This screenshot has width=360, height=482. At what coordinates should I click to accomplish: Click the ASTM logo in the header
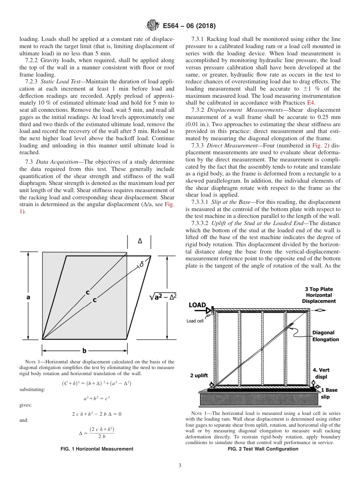153,26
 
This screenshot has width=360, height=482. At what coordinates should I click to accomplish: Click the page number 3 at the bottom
180,465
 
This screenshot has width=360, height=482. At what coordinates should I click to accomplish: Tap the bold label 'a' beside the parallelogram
28,297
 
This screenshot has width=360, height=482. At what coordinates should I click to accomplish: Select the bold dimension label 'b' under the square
84,351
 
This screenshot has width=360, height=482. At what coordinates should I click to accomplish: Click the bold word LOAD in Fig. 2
197,305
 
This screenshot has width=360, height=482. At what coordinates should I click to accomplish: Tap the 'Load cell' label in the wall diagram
196,321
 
